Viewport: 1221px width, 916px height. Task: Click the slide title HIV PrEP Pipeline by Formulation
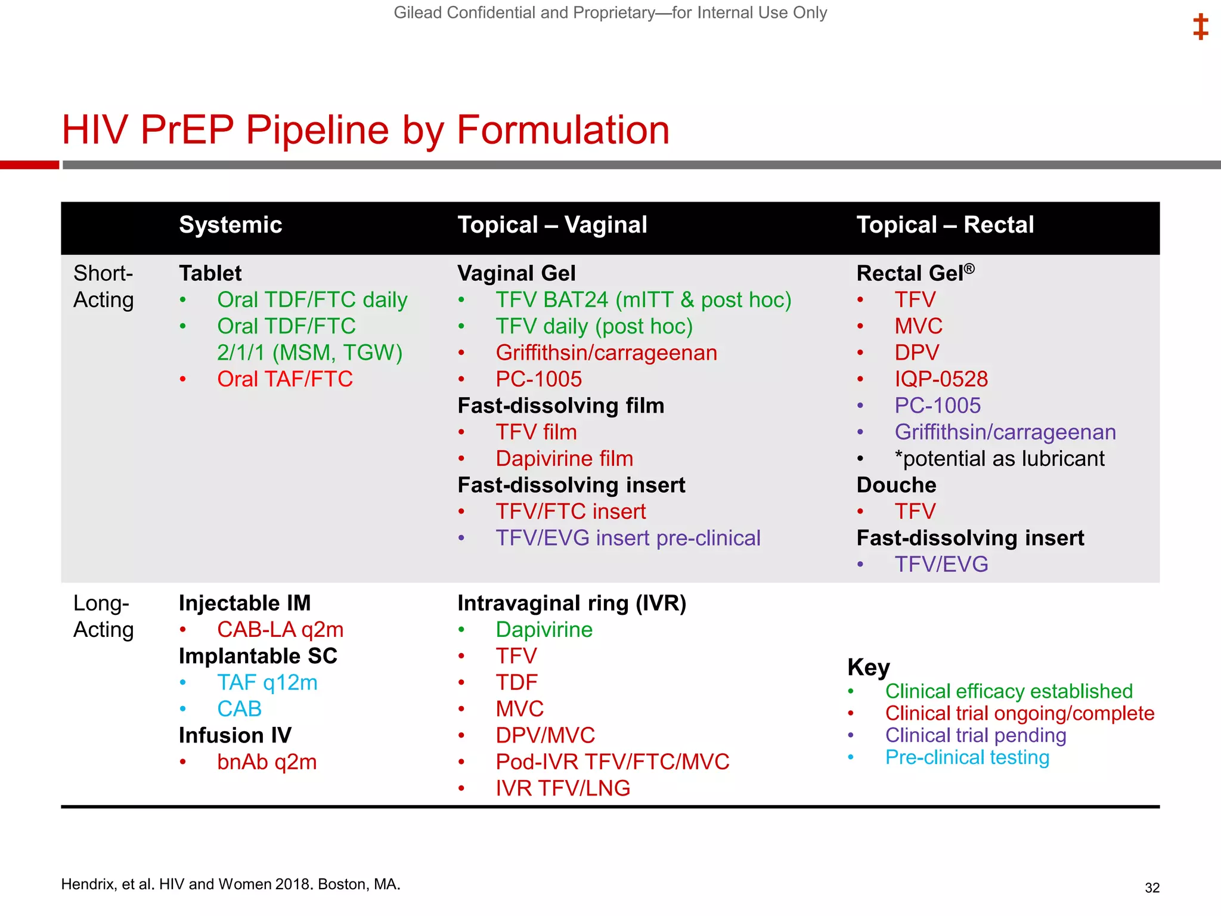click(365, 130)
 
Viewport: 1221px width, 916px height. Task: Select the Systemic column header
click(230, 225)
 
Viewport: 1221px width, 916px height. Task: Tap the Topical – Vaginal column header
click(552, 225)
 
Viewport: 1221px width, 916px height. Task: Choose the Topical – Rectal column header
click(945, 225)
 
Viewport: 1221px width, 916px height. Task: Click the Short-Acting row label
click(103, 286)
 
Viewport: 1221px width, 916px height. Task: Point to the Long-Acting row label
click(103, 616)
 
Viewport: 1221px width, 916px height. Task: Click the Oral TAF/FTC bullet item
click(284, 379)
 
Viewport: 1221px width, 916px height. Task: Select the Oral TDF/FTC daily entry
click(312, 300)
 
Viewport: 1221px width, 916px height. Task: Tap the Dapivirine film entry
click(564, 459)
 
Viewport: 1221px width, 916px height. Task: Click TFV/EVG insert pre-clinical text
click(628, 538)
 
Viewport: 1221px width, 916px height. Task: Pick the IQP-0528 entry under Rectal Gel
click(941, 379)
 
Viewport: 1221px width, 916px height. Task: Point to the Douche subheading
click(896, 485)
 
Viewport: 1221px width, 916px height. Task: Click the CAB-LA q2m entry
click(280, 630)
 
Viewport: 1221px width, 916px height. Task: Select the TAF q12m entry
click(267, 682)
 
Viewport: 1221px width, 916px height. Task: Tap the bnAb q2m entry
click(266, 762)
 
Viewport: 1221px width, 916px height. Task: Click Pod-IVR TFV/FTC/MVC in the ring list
click(612, 762)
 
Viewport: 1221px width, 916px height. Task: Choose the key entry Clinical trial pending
click(975, 735)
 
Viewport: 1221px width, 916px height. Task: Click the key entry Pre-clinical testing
click(967, 757)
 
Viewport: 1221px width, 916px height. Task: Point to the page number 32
click(1152, 888)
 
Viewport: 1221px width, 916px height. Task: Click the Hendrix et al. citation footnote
click(230, 884)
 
